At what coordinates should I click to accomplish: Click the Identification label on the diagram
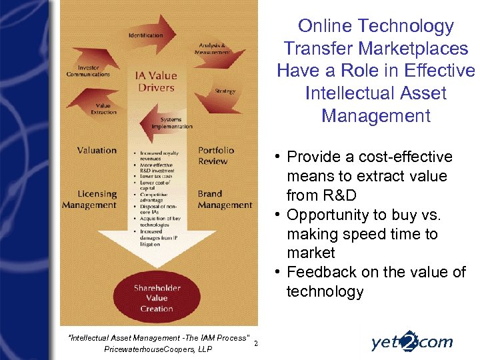[x=146, y=35]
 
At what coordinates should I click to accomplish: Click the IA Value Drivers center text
[x=156, y=81]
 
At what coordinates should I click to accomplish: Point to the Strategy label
[x=225, y=91]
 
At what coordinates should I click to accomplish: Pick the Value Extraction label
[x=103, y=109]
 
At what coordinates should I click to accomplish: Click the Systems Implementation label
[x=171, y=123]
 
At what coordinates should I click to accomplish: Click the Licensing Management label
[x=89, y=199]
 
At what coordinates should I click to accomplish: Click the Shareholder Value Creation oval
[x=157, y=298]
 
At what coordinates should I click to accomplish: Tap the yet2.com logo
[x=411, y=342]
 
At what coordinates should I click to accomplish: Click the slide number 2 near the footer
[x=256, y=344]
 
